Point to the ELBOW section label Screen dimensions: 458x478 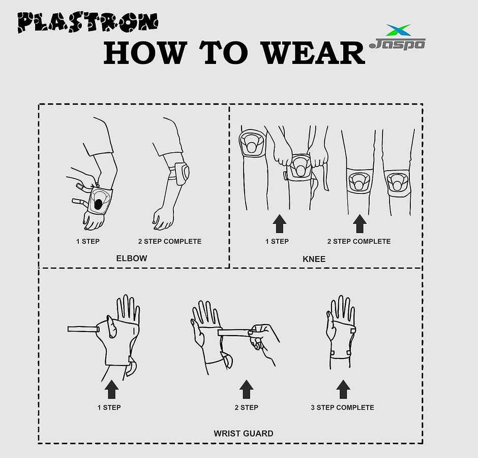132,258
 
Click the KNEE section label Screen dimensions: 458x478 314,259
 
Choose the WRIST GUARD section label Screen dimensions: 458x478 243,434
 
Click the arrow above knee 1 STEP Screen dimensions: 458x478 279,224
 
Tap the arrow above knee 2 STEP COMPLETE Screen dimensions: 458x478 360,224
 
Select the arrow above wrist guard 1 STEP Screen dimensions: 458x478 112,390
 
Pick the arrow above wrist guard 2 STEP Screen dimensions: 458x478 247,390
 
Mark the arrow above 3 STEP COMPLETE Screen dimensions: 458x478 343,390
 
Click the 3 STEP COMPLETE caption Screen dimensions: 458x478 342,407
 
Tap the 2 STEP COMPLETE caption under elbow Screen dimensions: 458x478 170,241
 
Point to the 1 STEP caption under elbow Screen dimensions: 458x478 88,241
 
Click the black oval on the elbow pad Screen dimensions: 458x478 99,204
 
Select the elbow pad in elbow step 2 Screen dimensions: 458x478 182,172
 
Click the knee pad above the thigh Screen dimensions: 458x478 251,143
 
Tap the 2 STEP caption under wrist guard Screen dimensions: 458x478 246,407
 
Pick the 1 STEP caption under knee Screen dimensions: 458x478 277,241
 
